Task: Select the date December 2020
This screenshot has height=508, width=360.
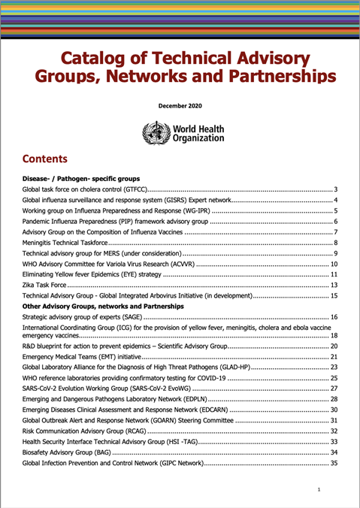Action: tap(180, 106)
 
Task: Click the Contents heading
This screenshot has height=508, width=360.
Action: tap(45, 159)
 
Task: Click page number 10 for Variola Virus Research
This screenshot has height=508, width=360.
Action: tap(335, 265)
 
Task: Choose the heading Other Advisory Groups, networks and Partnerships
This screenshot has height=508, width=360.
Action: tap(103, 307)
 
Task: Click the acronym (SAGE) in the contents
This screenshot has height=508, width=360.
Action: tap(129, 318)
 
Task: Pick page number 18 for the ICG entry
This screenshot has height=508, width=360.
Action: tap(335, 336)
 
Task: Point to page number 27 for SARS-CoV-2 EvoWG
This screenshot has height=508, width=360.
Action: tap(335, 388)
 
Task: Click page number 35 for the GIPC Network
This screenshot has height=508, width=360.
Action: tap(335, 464)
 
